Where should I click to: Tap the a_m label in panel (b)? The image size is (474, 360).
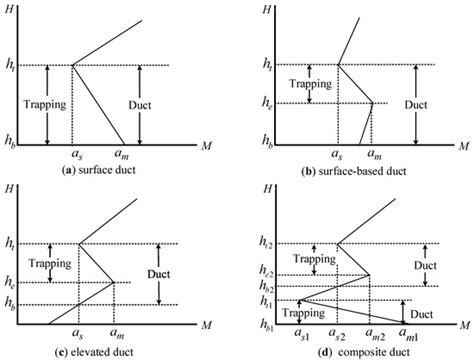tap(371, 156)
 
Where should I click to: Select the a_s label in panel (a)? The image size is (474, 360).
tap(75, 156)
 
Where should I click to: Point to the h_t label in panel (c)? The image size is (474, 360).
tap(14, 243)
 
